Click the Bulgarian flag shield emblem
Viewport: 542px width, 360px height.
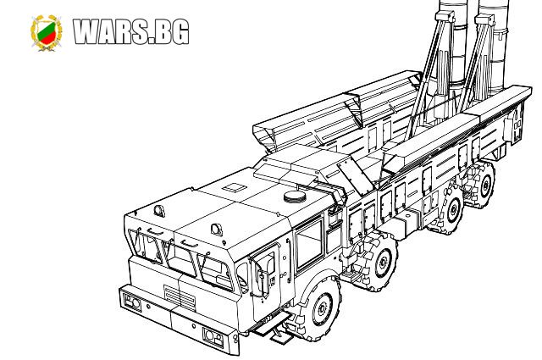coord(46,33)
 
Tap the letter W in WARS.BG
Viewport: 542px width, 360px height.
coord(88,31)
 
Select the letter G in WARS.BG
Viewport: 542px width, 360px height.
coord(179,32)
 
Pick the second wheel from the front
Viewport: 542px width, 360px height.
coord(379,261)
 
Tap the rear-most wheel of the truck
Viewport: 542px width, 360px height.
coord(482,185)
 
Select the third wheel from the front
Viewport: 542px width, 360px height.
coord(449,210)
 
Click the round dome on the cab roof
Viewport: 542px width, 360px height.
coord(295,197)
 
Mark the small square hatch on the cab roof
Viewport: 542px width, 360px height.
coord(235,188)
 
